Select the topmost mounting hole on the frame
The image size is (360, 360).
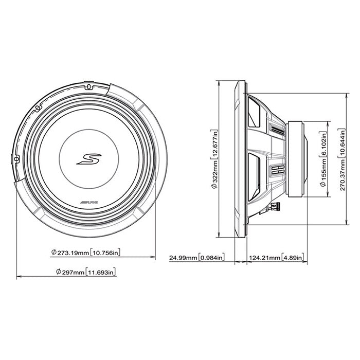(88, 86)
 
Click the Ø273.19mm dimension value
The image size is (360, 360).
(69, 253)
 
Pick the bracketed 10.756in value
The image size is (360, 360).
(106, 253)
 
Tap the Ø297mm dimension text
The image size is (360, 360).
(67, 272)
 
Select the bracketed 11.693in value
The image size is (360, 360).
(101, 272)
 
